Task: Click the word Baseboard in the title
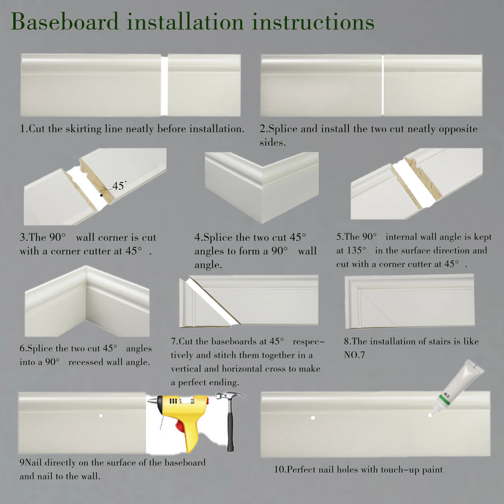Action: [65, 22]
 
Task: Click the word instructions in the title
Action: [313, 22]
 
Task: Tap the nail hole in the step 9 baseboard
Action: [101, 416]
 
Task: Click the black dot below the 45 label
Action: [101, 195]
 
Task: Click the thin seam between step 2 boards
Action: [382, 86]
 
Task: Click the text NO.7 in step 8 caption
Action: [354, 355]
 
